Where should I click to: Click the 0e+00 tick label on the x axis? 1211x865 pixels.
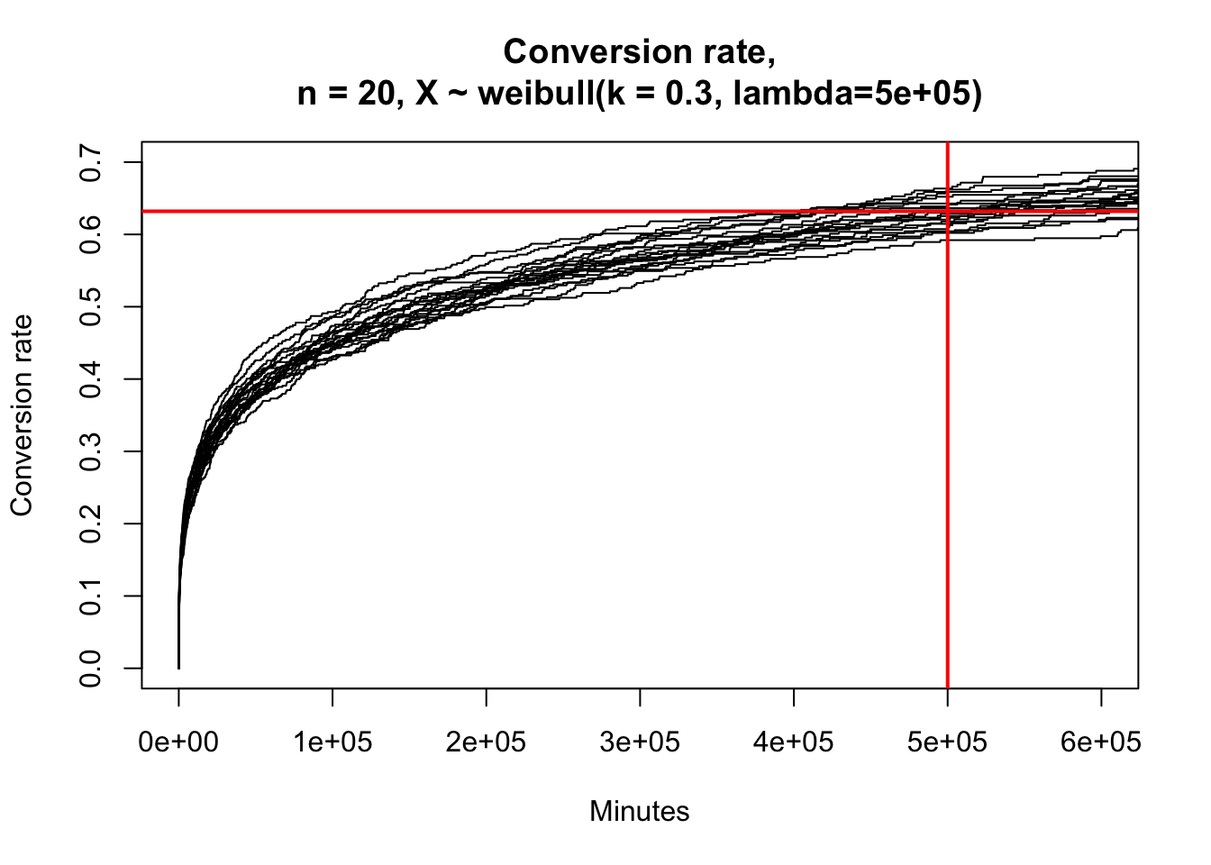click(178, 742)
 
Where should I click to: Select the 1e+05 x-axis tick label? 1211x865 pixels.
click(332, 742)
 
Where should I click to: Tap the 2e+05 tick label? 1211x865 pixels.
click(487, 742)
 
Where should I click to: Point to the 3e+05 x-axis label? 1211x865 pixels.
click(640, 742)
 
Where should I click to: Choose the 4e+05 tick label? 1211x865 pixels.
click(794, 742)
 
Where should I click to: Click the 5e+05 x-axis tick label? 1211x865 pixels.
click(947, 742)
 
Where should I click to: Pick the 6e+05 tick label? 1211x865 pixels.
click(1101, 742)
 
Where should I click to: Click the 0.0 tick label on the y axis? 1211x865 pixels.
click(91, 669)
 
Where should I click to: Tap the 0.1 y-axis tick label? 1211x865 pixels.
click(91, 596)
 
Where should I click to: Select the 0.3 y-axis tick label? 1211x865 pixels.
click(91, 451)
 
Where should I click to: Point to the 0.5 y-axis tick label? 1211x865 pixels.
click(91, 306)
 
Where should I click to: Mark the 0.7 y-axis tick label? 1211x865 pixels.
click(91, 162)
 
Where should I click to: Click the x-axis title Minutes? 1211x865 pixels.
click(640, 812)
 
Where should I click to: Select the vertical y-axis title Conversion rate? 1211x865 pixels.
click(22, 415)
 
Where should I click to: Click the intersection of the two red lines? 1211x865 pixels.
click(948, 212)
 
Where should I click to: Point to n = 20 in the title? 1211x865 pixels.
click(341, 93)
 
